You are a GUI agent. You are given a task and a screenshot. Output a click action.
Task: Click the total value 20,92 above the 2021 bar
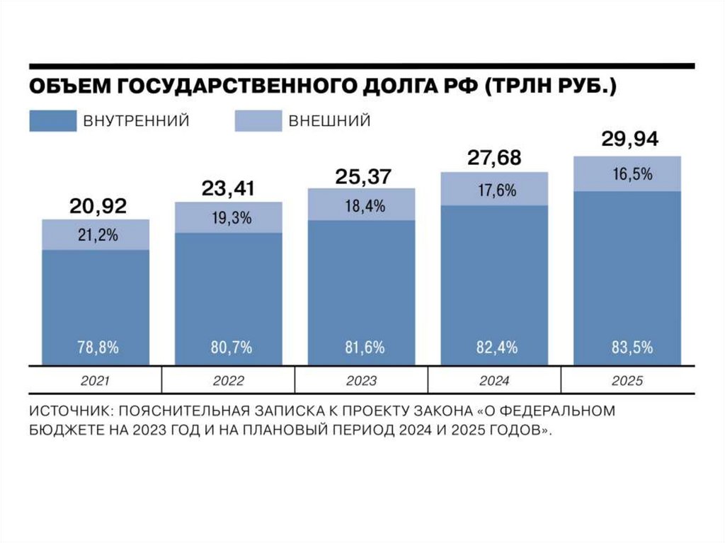(98, 207)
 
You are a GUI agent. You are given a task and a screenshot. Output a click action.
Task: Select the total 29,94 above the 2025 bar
(629, 139)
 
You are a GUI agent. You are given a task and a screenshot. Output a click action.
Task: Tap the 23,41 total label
(228, 189)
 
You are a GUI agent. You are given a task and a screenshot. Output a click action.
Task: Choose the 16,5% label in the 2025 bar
(629, 174)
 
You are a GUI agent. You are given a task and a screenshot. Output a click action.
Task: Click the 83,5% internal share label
(629, 348)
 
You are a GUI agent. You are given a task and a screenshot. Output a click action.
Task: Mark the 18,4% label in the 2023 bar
(361, 206)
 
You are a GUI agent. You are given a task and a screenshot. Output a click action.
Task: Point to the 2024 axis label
(494, 382)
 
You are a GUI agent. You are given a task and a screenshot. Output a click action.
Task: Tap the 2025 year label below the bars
(627, 382)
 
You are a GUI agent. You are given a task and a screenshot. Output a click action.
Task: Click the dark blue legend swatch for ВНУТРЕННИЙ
(52, 120)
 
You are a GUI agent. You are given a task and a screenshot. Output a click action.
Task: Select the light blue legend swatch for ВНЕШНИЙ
(257, 120)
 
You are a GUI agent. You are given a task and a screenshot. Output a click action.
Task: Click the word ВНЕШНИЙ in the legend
(329, 121)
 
